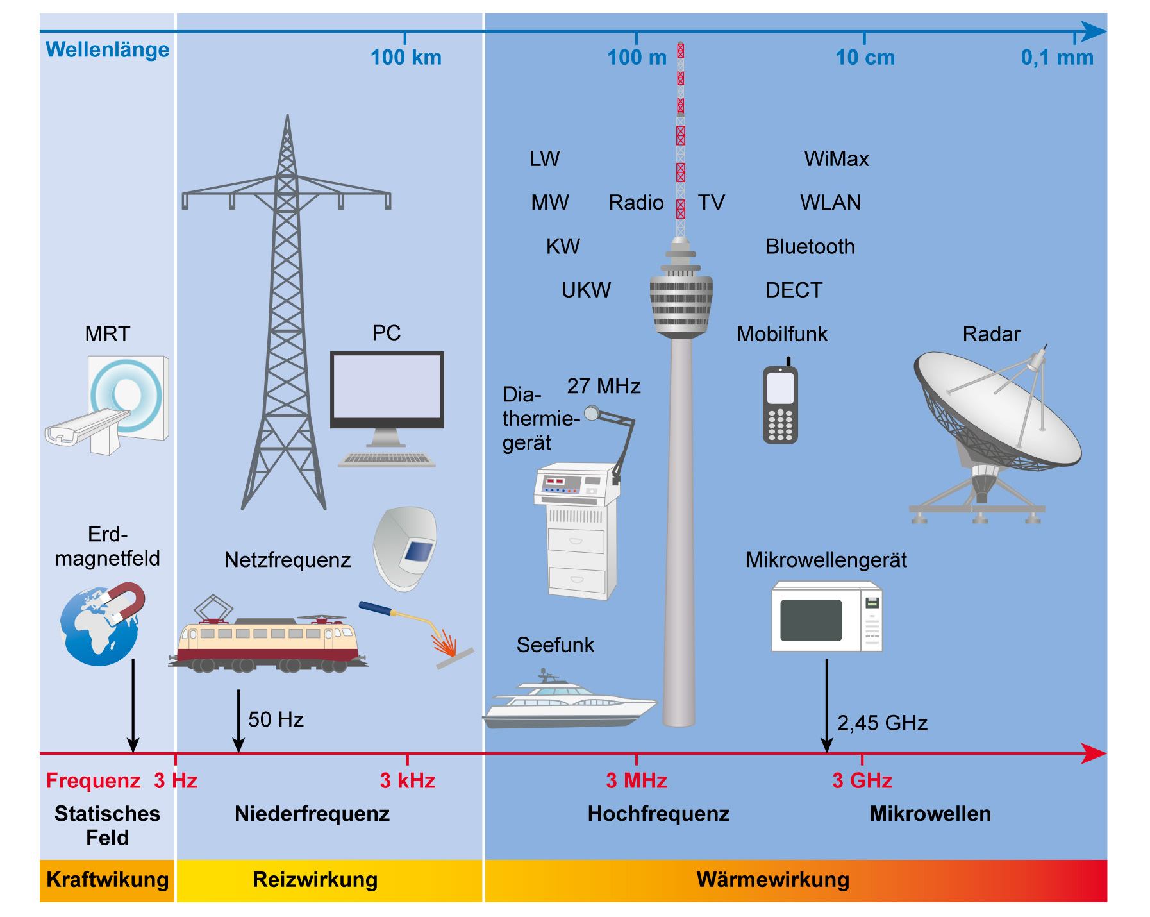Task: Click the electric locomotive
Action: point(266,644)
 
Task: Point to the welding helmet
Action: point(406,548)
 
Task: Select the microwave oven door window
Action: point(811,620)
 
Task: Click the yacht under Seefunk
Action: point(567,702)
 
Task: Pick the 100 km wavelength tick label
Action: point(406,58)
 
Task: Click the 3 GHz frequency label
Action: point(862,780)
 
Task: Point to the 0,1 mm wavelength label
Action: point(1057,58)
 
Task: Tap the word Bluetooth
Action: point(810,247)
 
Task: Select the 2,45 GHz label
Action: point(882,723)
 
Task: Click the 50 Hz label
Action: point(276,719)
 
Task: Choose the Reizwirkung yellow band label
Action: point(315,880)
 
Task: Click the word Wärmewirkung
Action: point(772,880)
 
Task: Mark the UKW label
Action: point(586,290)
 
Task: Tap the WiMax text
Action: point(837,159)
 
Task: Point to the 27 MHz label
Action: point(604,386)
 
